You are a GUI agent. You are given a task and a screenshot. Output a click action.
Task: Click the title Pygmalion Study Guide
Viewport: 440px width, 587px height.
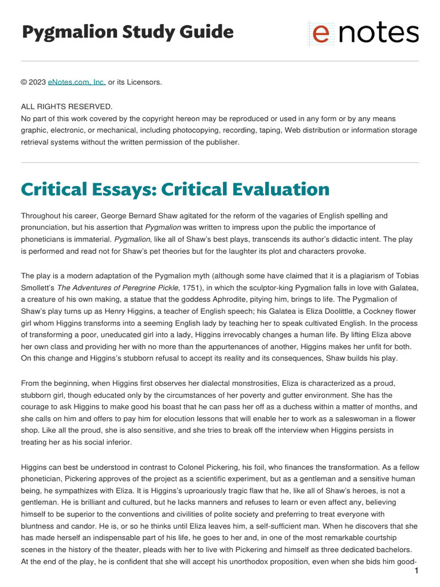(127, 32)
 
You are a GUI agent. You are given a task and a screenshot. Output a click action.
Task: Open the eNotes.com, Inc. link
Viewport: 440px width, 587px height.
(77, 82)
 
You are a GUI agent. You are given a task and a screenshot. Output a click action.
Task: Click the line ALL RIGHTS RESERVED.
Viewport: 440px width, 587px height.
(67, 107)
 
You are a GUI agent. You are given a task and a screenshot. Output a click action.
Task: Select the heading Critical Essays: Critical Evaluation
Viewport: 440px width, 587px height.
(175, 189)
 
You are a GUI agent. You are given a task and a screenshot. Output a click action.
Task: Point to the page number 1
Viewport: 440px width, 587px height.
(416, 571)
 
